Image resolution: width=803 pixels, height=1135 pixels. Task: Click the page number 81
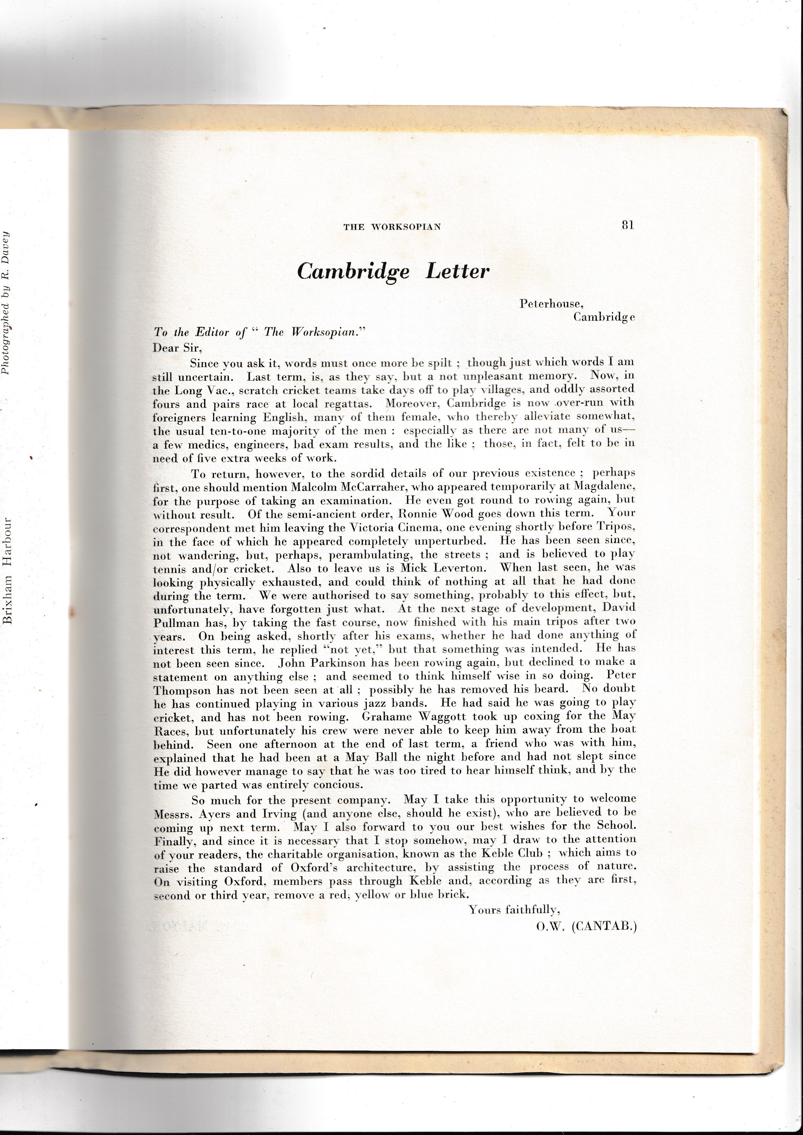(628, 225)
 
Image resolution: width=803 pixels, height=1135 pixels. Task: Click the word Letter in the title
(458, 271)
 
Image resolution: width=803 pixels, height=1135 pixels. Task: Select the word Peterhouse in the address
(551, 304)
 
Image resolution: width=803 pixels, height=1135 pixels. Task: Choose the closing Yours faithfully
(514, 909)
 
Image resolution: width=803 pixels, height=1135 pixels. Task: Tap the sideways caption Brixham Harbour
(8, 571)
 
